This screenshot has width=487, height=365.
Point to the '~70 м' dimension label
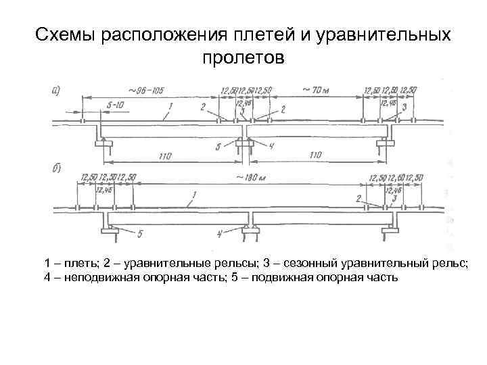click(315, 89)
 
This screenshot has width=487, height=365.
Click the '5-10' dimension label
click(114, 105)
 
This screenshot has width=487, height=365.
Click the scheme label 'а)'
click(58, 89)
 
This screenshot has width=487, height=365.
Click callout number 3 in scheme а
click(404, 107)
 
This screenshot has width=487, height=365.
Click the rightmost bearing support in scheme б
click(390, 230)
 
